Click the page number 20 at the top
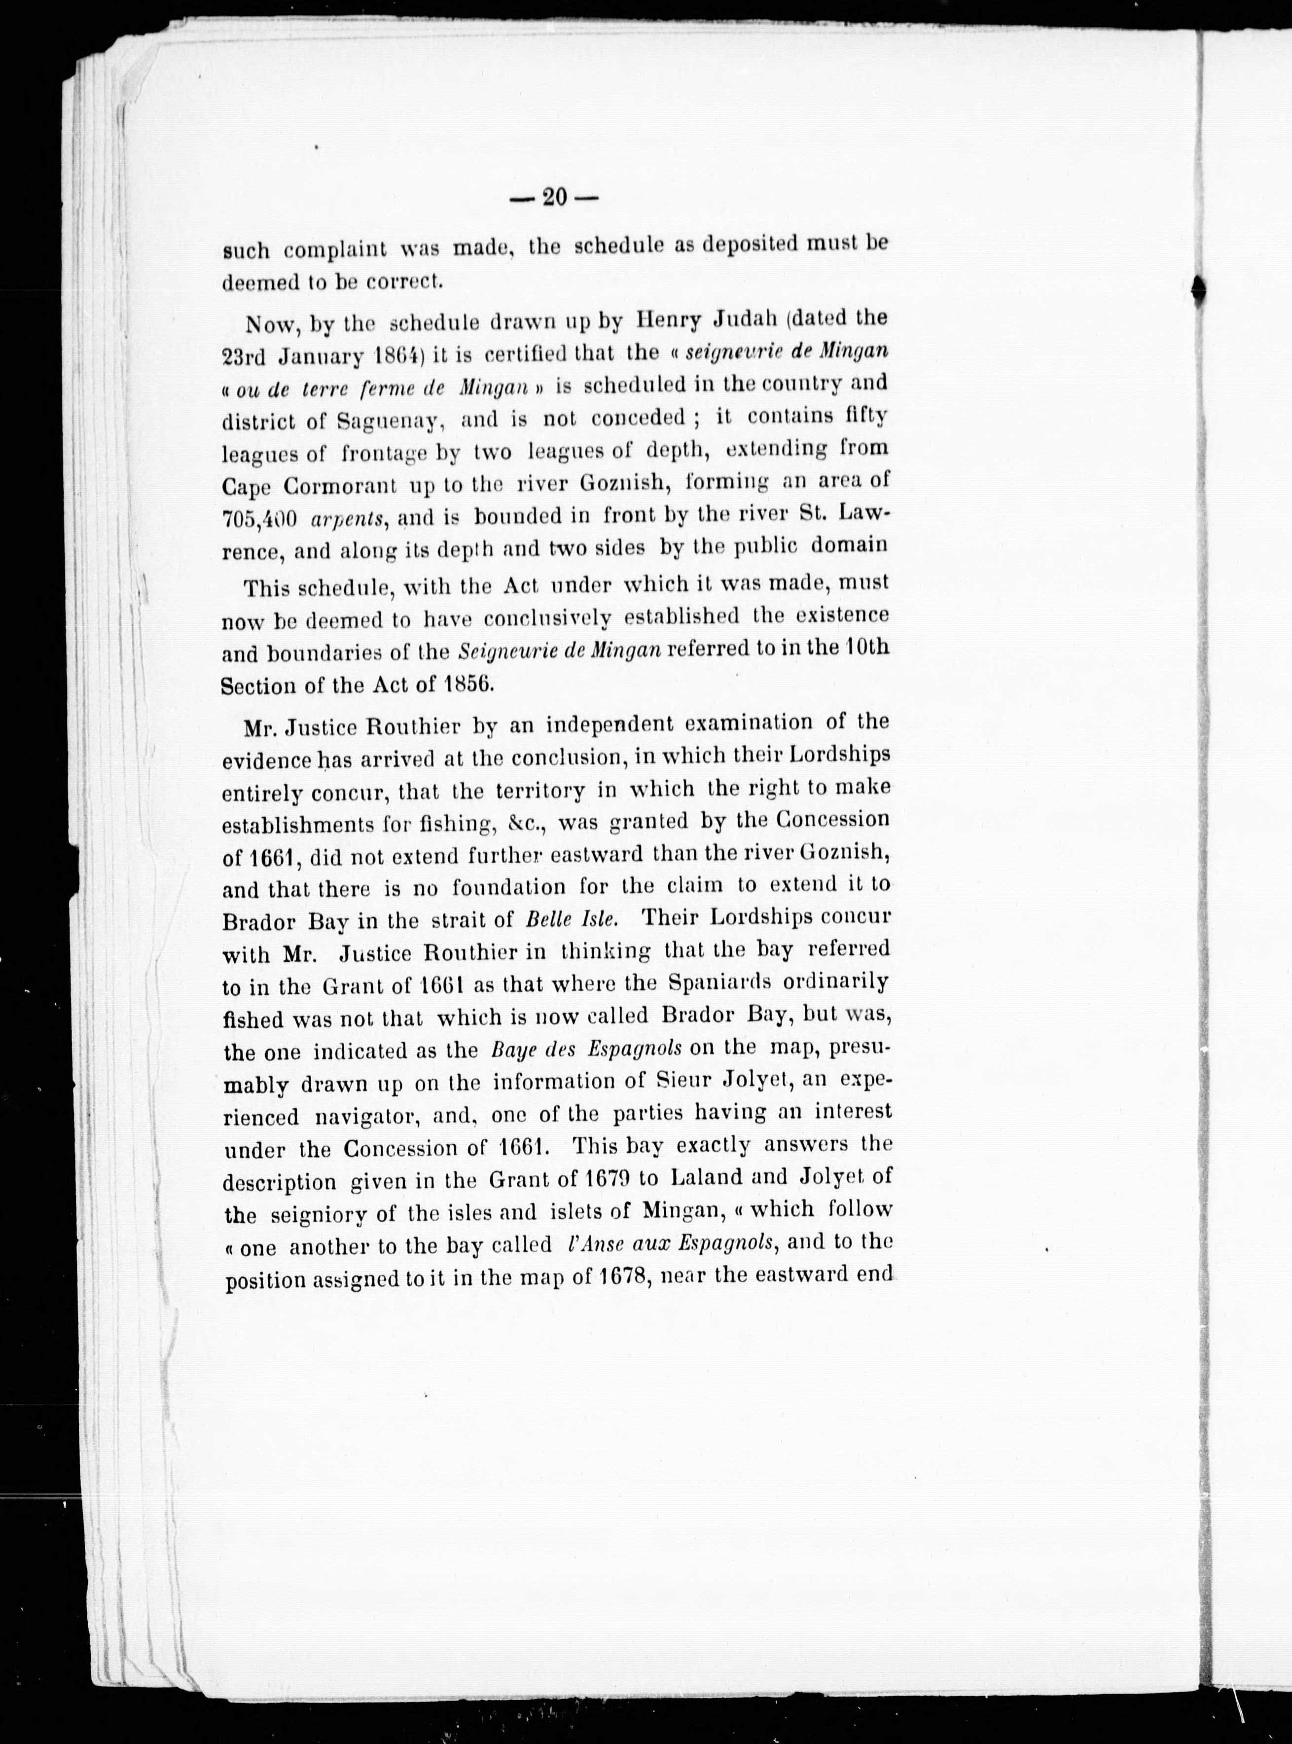[554, 197]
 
